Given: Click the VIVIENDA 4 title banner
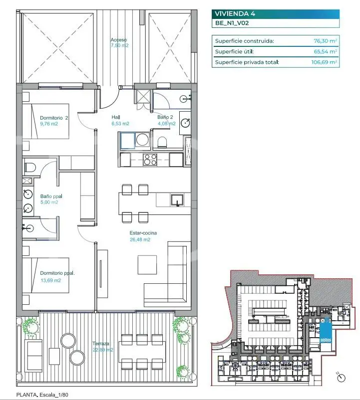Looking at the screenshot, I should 275,13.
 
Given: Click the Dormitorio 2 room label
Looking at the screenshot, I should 54,118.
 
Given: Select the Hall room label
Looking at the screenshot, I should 116,118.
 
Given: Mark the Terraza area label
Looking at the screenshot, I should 101,343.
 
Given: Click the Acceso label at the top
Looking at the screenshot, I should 119,40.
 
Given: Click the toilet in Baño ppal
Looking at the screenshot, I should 30,167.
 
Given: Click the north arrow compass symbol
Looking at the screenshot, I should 341,378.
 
